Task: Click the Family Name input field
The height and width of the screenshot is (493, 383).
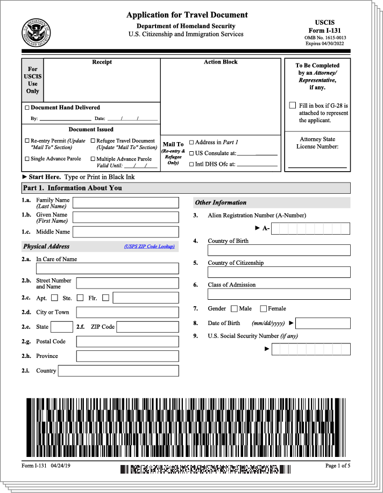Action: [x=125, y=202]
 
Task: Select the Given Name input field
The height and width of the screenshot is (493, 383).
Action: [x=125, y=217]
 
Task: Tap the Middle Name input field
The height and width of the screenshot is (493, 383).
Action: [x=125, y=232]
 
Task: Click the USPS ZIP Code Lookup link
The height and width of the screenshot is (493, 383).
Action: [x=149, y=246]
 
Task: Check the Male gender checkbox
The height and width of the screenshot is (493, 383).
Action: [x=234, y=309]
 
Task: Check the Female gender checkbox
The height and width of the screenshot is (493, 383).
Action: [x=264, y=309]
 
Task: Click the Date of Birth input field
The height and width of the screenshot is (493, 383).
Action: [x=323, y=323]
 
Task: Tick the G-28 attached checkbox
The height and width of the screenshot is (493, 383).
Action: [x=292, y=105]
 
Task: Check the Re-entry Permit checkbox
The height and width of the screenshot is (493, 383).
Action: [x=27, y=141]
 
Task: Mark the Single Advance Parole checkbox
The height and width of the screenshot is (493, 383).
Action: [x=27, y=159]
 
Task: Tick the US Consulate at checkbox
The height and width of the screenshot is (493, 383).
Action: [x=191, y=153]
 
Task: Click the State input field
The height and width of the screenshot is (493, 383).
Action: [x=62, y=327]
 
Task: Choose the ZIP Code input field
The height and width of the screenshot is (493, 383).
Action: [x=147, y=327]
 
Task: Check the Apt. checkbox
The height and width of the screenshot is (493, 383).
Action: [x=54, y=298]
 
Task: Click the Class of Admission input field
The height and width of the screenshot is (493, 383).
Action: [x=279, y=294]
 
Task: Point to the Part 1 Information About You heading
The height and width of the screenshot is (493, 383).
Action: [x=72, y=188]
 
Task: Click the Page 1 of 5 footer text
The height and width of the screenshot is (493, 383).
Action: [x=338, y=466]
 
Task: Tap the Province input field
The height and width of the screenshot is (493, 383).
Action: [x=127, y=356]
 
